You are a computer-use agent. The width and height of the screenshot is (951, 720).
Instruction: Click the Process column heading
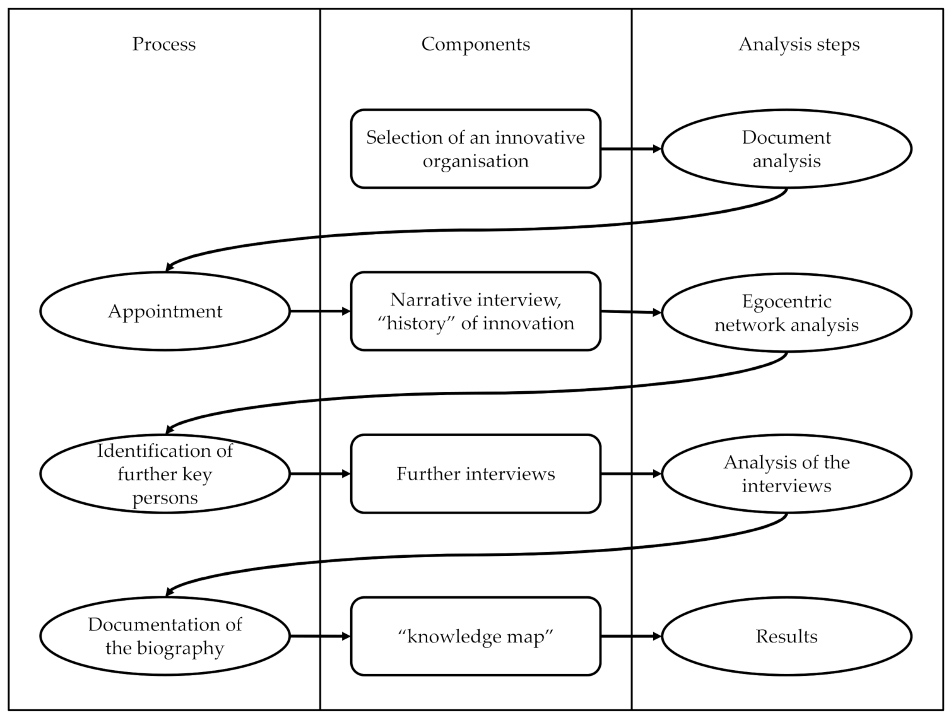[x=164, y=44]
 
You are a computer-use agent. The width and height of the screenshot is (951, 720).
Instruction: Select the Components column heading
[x=475, y=44]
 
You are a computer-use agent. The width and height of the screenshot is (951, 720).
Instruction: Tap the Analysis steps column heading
[x=798, y=44]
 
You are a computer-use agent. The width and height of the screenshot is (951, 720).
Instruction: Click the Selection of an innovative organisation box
[x=475, y=149]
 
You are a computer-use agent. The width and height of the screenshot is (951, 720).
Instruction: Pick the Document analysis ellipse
[x=786, y=149]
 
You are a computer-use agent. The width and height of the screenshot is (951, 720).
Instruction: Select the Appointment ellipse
[x=165, y=311]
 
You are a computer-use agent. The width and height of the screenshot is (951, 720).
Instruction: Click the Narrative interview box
[x=475, y=311]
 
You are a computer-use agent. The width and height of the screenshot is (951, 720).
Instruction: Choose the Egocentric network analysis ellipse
[x=786, y=312]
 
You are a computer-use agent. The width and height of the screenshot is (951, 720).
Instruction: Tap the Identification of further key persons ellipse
[x=165, y=474]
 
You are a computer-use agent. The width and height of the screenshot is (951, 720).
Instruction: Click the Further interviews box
[x=475, y=474]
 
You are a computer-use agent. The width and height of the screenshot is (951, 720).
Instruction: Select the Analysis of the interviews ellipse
[x=786, y=474]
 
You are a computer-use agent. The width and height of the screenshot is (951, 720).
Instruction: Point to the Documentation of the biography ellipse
[x=165, y=636]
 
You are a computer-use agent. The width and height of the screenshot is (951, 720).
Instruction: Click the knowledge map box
[x=475, y=636]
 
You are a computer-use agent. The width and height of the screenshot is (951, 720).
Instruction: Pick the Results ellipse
[x=786, y=636]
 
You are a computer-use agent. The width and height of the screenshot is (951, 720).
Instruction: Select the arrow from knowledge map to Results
[x=630, y=636]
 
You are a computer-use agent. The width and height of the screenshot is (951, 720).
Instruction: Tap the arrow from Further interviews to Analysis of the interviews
[x=630, y=474]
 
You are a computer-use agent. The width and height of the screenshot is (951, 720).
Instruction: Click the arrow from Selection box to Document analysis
[x=630, y=149]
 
